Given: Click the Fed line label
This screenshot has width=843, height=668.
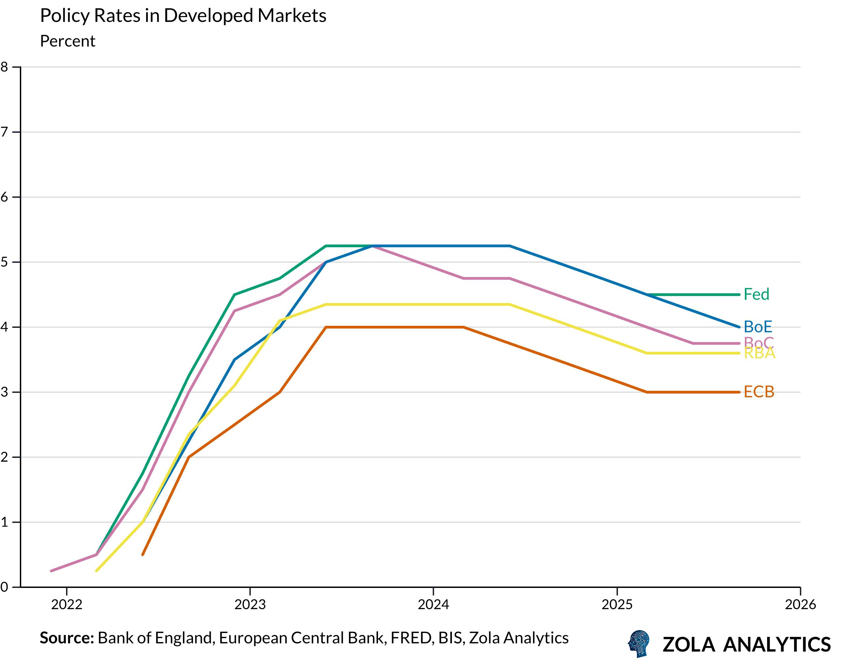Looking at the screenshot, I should point(756,295).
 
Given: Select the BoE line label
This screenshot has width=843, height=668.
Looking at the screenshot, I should point(757,327).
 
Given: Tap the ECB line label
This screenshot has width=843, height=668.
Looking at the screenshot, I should point(758,392).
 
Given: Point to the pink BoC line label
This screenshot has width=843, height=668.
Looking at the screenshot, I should point(758,342).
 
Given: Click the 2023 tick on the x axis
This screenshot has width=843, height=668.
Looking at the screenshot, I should point(250,605).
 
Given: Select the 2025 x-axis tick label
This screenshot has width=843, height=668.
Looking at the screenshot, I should point(617,605).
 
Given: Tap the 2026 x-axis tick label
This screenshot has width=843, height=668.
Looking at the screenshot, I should point(800,605).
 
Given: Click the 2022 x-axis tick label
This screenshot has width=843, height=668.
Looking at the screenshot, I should point(67,605).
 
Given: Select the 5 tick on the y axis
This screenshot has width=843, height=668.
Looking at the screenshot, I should point(4,262).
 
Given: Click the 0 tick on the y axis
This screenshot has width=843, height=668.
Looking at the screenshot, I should point(4,587).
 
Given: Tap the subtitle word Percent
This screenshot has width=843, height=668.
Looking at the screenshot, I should point(68,41).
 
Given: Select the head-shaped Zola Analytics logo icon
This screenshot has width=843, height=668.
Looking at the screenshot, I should point(639,643).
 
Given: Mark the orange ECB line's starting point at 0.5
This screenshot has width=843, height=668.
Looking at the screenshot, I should point(143,555).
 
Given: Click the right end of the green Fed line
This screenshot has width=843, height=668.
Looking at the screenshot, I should point(739,295).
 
